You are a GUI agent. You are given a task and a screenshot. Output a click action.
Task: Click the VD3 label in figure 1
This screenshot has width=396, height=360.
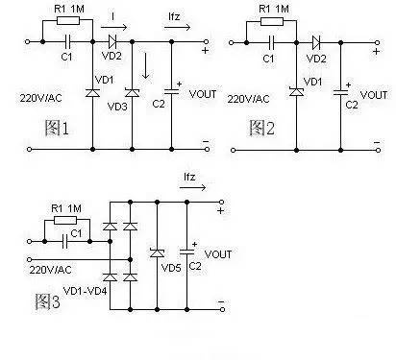117,107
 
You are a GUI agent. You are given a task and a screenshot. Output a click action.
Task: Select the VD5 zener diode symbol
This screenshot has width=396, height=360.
157,253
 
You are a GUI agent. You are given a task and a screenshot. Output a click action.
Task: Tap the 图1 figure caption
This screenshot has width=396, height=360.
57,128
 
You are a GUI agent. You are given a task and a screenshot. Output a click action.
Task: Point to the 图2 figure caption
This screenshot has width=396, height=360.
262,128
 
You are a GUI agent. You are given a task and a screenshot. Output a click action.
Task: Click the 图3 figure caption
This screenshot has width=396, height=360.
47,301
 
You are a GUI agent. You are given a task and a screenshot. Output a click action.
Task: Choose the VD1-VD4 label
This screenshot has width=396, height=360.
85,291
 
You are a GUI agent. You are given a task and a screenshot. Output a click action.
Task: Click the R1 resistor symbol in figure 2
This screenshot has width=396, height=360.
272,22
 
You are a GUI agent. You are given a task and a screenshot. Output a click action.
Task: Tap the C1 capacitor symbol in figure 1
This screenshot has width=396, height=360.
67,41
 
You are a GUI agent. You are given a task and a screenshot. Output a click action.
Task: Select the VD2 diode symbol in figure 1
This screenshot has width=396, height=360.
112,41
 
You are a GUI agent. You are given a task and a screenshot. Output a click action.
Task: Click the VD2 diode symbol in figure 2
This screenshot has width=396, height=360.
316,42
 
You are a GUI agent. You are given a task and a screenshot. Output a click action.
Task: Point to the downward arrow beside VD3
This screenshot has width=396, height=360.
146,65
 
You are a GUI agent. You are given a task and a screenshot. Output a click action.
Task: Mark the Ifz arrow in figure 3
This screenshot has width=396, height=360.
192,187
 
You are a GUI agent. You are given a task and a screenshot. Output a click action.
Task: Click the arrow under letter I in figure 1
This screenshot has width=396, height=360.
113,27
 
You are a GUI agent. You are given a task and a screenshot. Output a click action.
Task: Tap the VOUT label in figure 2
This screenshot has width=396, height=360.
374,95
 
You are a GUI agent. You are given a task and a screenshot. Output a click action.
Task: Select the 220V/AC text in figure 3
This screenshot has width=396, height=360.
50,270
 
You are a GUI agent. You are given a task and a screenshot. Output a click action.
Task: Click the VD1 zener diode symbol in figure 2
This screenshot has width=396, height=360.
296,92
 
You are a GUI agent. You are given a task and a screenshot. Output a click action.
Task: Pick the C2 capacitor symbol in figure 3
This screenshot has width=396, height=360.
187,252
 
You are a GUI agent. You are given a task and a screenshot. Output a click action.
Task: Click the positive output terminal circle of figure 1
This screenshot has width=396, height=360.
207,41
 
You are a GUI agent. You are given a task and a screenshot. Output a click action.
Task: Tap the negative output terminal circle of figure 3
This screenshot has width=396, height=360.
222,309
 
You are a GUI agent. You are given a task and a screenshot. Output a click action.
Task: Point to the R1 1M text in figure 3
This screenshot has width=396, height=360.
66,208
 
